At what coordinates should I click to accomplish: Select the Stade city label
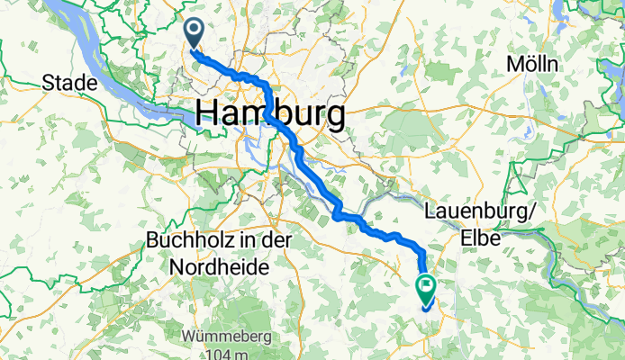pyautogui.click(x=69, y=84)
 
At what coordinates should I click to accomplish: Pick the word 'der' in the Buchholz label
pyautogui.click(x=266, y=242)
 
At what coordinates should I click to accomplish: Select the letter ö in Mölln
pyautogui.click(x=526, y=65)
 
